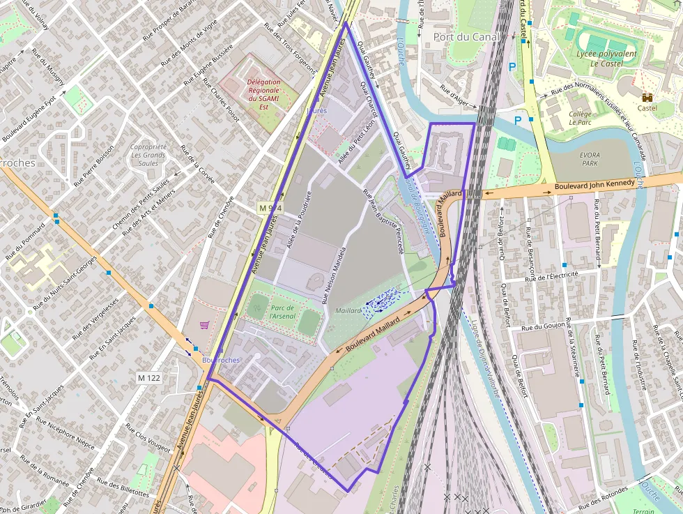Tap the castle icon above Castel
(x=647, y=97)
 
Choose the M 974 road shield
(x=270, y=208)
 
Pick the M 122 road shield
(x=149, y=378)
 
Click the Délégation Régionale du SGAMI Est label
(x=263, y=95)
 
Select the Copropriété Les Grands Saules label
(x=148, y=155)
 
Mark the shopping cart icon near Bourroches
(x=204, y=324)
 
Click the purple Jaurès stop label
(x=316, y=110)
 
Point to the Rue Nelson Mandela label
(x=333, y=276)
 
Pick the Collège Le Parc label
(x=580, y=118)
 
